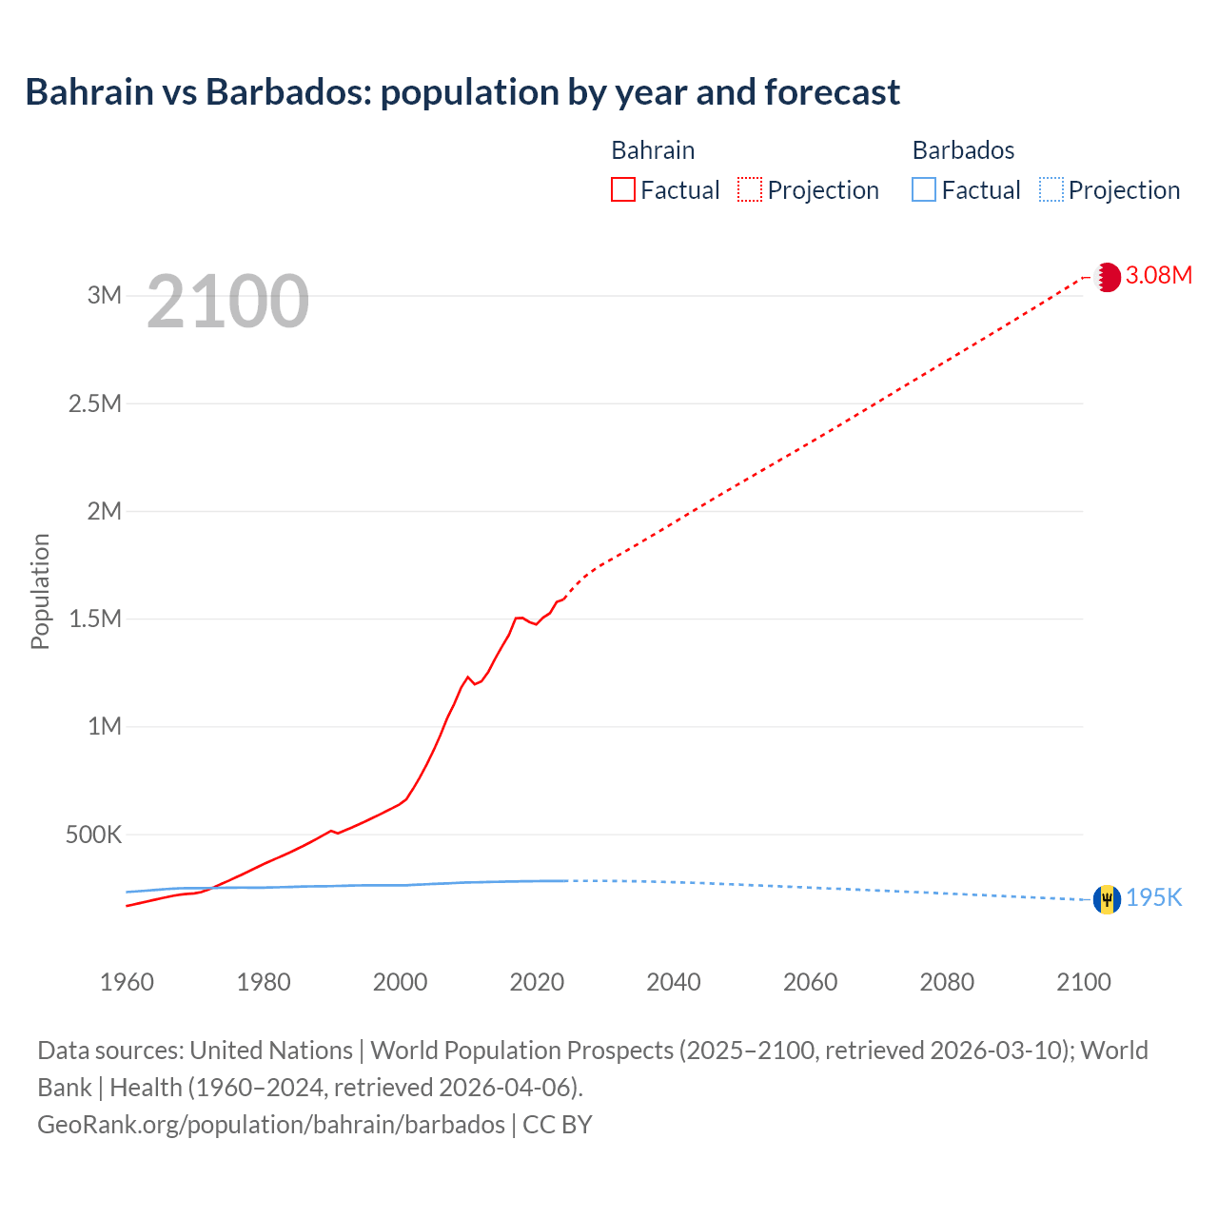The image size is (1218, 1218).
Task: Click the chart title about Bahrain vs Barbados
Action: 462,92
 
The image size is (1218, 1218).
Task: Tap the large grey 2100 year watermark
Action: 227,302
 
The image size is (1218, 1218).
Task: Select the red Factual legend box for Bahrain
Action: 622,189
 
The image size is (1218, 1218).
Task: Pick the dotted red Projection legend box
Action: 750,189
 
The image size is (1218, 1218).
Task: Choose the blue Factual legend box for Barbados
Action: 923,189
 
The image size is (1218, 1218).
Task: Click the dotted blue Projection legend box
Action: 1051,189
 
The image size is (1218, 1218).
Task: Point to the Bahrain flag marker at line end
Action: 1107,277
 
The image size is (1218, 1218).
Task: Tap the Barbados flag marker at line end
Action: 1107,899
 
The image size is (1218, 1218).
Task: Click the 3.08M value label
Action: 1158,276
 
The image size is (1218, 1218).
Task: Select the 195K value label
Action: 1153,898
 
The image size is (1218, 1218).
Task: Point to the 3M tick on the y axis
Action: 105,295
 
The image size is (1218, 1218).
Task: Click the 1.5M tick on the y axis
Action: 95,619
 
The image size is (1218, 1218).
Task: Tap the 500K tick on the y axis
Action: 93,835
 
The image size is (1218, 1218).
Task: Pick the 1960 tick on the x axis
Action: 127,982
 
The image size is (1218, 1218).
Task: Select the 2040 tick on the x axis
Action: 674,982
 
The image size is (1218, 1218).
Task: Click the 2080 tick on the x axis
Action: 947,982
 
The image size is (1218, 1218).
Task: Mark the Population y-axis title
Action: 40,591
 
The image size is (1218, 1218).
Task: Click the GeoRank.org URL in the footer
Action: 271,1125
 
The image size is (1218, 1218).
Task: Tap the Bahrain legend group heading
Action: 653,150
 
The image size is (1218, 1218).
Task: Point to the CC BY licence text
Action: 558,1125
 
